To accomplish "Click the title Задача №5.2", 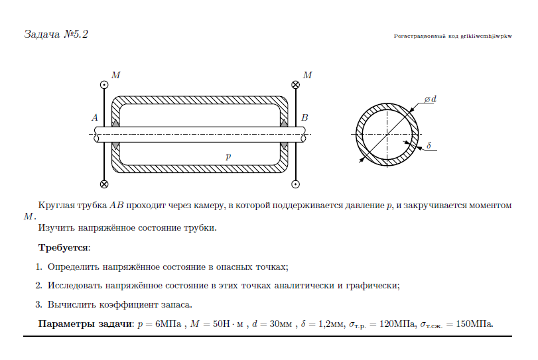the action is pyautogui.click(x=56, y=34).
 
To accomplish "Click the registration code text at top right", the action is pyautogui.click(x=452, y=36).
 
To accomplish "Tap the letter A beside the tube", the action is pyautogui.click(x=95, y=117).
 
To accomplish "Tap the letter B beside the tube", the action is pyautogui.click(x=304, y=117).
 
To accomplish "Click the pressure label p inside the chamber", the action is pyautogui.click(x=228, y=156).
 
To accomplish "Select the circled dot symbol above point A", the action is pyautogui.click(x=104, y=85).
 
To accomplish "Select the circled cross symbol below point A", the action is pyautogui.click(x=104, y=184).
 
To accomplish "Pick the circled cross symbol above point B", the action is pyautogui.click(x=295, y=85).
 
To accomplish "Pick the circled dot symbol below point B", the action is pyautogui.click(x=295, y=184).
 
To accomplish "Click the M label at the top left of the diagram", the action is pyautogui.click(x=116, y=75).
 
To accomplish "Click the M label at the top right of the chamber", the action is pyautogui.click(x=307, y=75).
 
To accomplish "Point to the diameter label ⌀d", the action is pyautogui.click(x=431, y=99).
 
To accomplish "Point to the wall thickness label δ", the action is pyautogui.click(x=429, y=146).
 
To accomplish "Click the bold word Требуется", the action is pyautogui.click(x=63, y=248).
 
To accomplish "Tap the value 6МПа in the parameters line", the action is pyautogui.click(x=168, y=324).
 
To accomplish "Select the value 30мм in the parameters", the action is pyautogui.click(x=281, y=324).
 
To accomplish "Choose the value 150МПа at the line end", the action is pyautogui.click(x=474, y=324).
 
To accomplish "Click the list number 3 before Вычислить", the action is pyautogui.click(x=38, y=304).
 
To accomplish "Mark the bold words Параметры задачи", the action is pyautogui.click(x=85, y=324).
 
